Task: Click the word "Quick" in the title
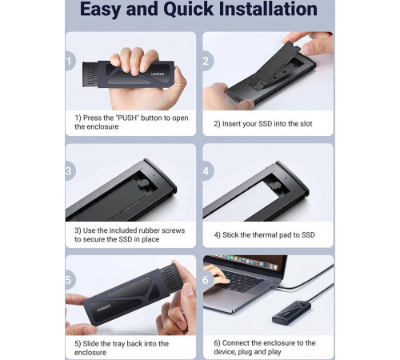[x=188, y=10]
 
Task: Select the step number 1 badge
[x=70, y=61]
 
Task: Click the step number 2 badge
[x=206, y=61]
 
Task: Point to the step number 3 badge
[x=70, y=171]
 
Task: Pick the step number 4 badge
[x=206, y=171]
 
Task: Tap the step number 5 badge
[x=70, y=280]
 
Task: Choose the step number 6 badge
[x=206, y=280]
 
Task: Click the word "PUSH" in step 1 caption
[x=127, y=118]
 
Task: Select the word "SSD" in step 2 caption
[x=265, y=124]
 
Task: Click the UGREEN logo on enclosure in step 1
[x=158, y=74]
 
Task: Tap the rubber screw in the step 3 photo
[x=144, y=183]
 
